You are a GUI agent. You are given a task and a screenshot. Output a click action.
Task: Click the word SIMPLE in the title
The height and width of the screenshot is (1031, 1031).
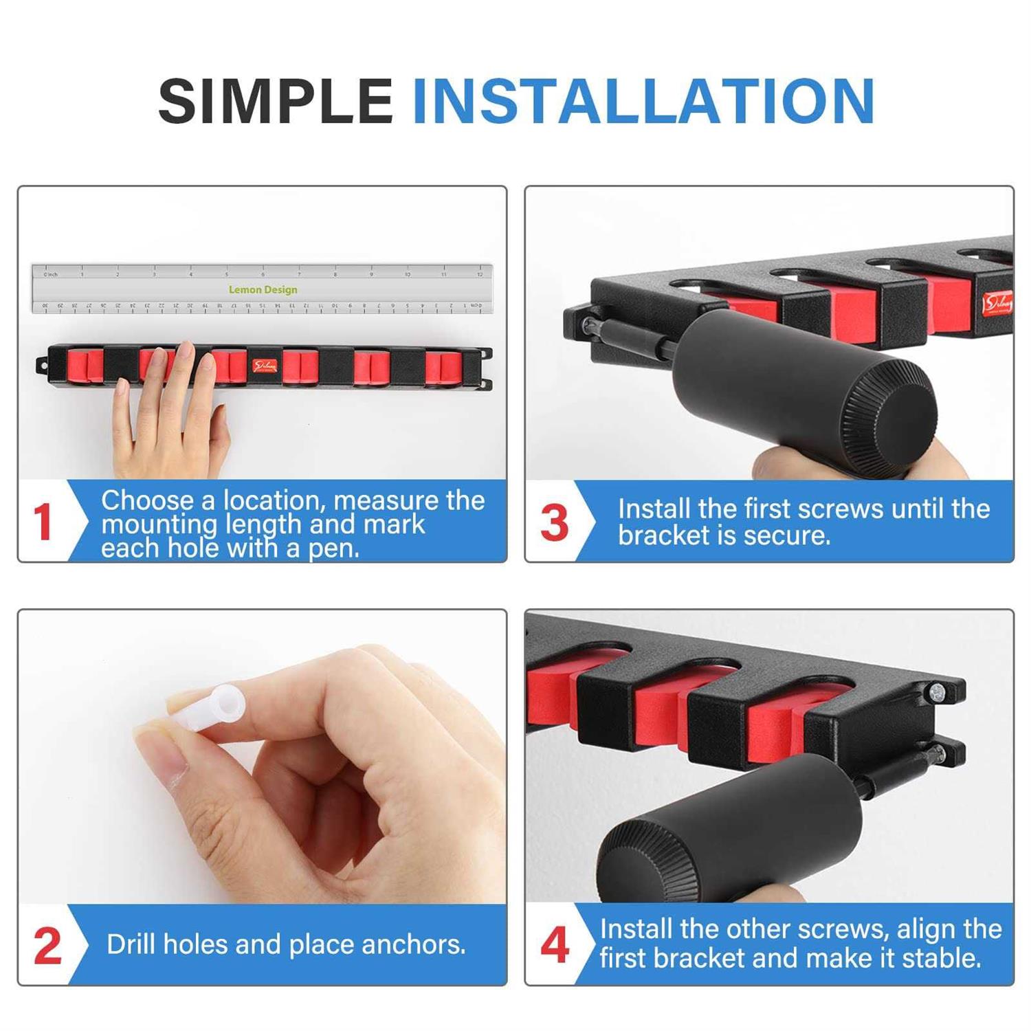click(275, 102)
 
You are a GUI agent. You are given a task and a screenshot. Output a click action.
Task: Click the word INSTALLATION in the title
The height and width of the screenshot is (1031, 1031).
click(643, 102)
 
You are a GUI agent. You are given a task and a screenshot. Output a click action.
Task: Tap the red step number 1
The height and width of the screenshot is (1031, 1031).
click(43, 522)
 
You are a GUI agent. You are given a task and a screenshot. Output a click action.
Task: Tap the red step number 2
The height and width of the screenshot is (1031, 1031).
click(47, 946)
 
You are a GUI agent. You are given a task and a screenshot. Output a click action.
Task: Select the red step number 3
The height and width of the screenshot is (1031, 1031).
click(554, 523)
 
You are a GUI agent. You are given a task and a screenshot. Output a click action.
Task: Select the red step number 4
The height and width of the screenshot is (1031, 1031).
click(554, 946)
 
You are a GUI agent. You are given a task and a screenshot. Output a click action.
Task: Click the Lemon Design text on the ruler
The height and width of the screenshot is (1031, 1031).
click(263, 290)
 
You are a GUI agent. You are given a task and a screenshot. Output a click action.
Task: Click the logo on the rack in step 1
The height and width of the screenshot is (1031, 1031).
click(264, 366)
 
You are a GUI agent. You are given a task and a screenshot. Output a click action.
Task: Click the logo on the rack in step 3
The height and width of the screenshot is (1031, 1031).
click(997, 303)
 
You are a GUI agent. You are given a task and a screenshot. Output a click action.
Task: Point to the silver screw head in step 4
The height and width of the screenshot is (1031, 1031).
click(935, 694)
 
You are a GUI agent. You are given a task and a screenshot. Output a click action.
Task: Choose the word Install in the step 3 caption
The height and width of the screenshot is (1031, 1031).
click(653, 509)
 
